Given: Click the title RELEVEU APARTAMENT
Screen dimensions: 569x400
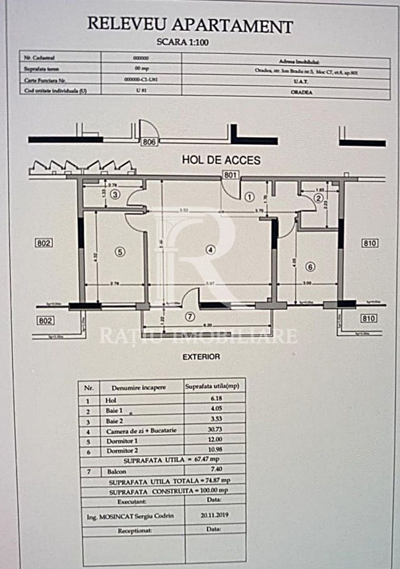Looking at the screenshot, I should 190,25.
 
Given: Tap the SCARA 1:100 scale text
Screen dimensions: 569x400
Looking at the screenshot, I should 183,43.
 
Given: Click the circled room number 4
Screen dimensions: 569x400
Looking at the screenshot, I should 211,250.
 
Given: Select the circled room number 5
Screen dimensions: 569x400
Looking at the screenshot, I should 120,252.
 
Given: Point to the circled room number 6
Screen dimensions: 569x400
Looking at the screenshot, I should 310,267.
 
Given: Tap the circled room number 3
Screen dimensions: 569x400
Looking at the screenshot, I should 116,195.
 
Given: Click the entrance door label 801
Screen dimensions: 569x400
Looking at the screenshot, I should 230,175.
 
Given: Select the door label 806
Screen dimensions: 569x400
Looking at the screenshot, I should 149,142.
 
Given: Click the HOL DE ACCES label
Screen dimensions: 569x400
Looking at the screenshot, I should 221,160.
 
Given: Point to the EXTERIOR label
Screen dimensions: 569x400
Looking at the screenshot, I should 201,357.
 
